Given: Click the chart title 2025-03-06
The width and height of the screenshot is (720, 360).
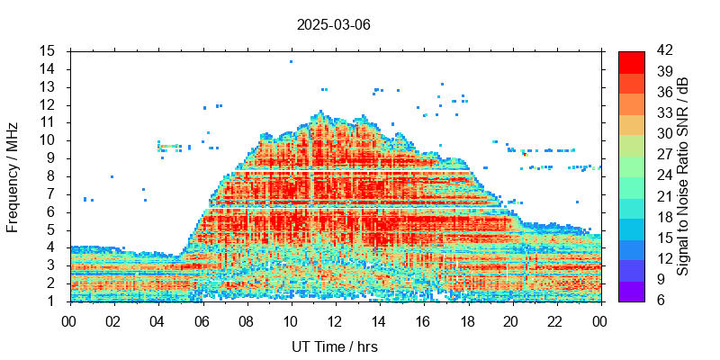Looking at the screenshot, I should (x=333, y=24).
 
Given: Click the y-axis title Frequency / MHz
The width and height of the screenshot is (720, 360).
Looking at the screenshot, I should (x=13, y=175).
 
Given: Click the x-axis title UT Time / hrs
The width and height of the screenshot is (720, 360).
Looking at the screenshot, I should (x=335, y=346).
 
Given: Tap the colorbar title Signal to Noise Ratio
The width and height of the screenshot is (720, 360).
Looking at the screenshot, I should (x=683, y=175).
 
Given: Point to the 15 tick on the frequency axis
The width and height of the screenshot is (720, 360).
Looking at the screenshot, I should (x=48, y=50).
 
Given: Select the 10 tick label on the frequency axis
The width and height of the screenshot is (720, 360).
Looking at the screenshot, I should (x=48, y=140).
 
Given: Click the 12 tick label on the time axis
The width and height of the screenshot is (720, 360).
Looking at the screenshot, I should (x=335, y=319).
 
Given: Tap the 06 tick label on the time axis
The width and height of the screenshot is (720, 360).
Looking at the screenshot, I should (x=202, y=319).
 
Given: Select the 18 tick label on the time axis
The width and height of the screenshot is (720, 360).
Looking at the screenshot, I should (x=467, y=319).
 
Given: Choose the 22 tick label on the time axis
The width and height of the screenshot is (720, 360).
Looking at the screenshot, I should (x=555, y=319).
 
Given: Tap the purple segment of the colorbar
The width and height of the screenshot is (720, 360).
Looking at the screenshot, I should (x=631, y=291).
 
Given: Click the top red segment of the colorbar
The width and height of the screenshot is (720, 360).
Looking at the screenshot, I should (x=631, y=61).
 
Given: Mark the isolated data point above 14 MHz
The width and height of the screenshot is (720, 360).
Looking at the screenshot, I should (x=291, y=61).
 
